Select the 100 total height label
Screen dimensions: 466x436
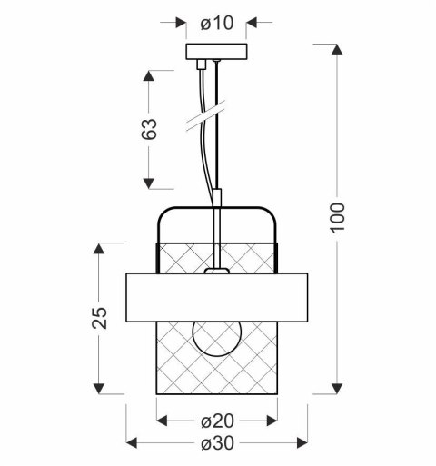tap(337, 218)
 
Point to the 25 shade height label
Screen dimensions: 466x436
tap(101, 317)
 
